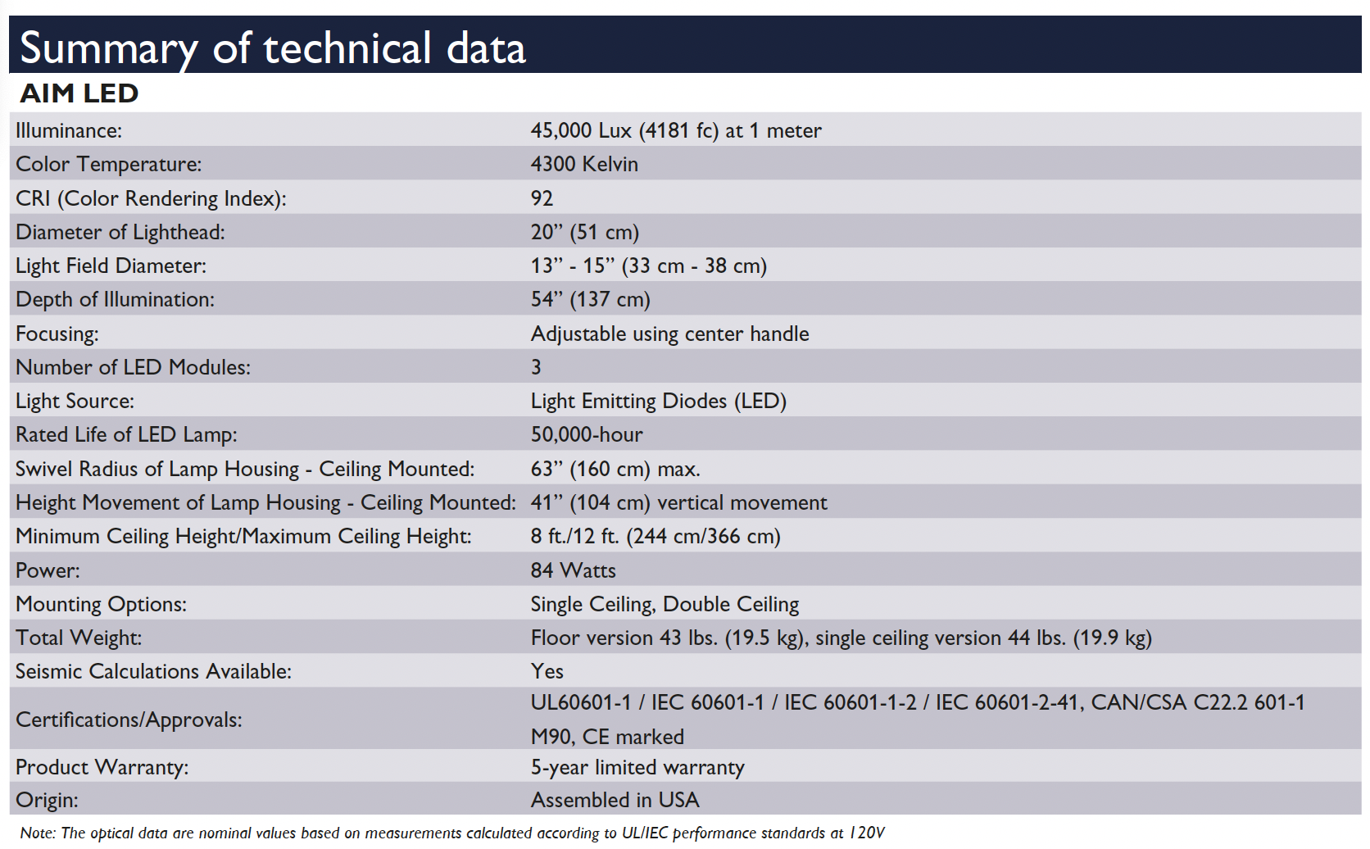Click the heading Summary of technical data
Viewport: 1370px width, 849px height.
coord(272,48)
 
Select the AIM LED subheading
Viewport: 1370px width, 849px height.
coord(79,93)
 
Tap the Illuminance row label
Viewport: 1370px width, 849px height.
coord(69,130)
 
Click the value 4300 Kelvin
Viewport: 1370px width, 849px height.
coord(584,164)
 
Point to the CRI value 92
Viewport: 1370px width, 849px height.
coord(542,198)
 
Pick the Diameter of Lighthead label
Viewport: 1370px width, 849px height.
coord(120,232)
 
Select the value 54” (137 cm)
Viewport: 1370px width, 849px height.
coord(590,299)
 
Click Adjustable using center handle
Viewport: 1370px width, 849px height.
coord(669,334)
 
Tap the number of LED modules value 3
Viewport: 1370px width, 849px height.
coord(536,367)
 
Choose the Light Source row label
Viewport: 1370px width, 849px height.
coord(75,401)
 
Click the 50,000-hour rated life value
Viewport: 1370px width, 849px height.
coord(587,434)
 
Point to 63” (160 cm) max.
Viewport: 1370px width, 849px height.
coord(615,469)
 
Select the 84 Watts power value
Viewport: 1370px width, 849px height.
coord(573,570)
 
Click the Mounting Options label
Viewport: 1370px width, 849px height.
coord(101,604)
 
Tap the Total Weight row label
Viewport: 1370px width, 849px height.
coord(79,638)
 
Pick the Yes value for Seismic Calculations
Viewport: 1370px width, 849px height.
coord(547,671)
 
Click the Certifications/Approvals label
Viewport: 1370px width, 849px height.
coord(129,720)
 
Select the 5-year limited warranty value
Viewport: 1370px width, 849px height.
coord(637,767)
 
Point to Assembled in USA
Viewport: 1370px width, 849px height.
coord(615,800)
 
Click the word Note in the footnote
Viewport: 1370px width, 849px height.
coord(36,833)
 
